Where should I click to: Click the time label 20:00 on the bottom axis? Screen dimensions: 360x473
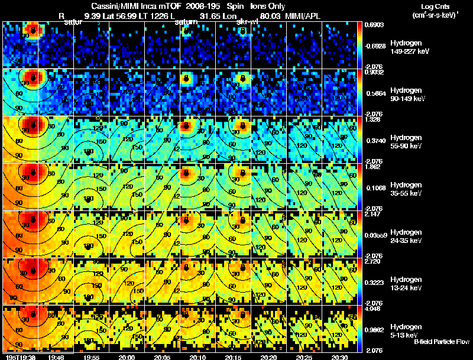click(127, 356)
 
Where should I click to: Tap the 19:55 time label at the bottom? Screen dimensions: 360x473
click(92, 356)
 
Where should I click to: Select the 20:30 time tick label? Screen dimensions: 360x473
click(340, 356)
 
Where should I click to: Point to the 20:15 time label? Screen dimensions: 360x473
click(234, 356)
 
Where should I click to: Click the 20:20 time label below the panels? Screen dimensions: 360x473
click(269, 356)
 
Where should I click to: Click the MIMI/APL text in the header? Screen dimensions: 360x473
click(303, 16)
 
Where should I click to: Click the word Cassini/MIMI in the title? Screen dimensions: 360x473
click(116, 7)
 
